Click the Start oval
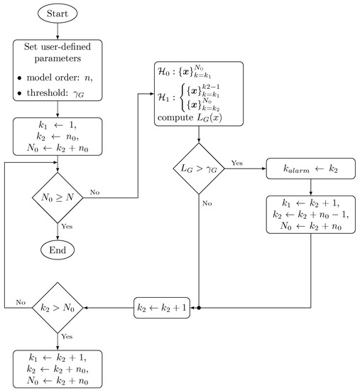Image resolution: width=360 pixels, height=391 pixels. (58, 13)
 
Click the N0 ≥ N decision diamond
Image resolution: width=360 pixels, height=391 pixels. (58, 192)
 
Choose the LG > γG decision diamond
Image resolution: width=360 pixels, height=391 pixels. (198, 169)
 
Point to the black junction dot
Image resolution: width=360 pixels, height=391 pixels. (199, 308)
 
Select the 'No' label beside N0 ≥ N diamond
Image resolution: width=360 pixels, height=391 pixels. (95, 192)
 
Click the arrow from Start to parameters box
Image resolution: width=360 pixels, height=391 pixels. (58, 29)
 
